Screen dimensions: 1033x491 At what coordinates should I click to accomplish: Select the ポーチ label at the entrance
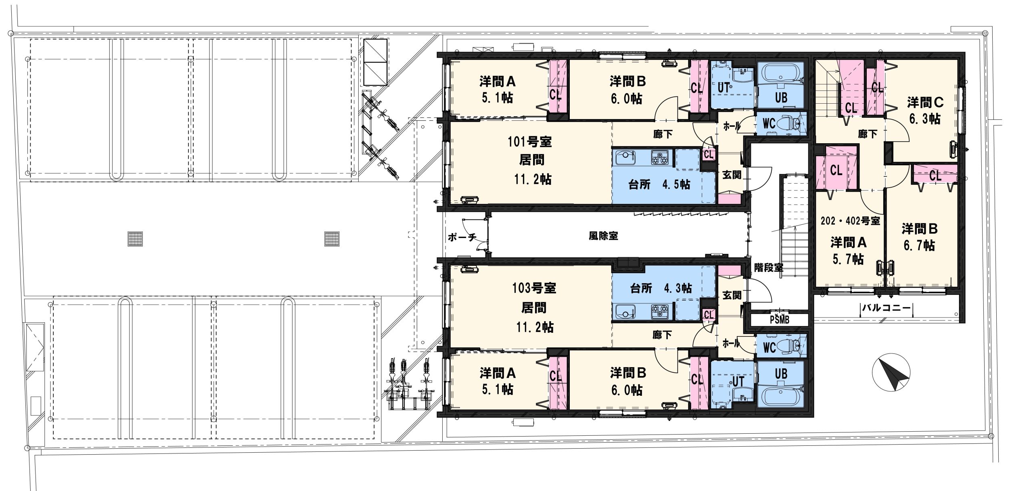(x=462, y=237)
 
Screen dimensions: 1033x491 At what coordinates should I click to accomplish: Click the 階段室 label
(x=769, y=267)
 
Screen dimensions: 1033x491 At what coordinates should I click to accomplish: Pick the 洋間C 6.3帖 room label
(x=925, y=110)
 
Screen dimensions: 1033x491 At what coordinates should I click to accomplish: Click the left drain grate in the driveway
(x=135, y=238)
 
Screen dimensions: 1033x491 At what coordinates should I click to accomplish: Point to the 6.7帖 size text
(x=919, y=246)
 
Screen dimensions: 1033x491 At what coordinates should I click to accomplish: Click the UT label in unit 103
(x=738, y=381)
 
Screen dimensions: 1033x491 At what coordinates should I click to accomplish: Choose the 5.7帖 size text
(x=848, y=259)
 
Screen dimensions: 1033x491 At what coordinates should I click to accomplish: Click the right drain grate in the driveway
(x=332, y=238)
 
